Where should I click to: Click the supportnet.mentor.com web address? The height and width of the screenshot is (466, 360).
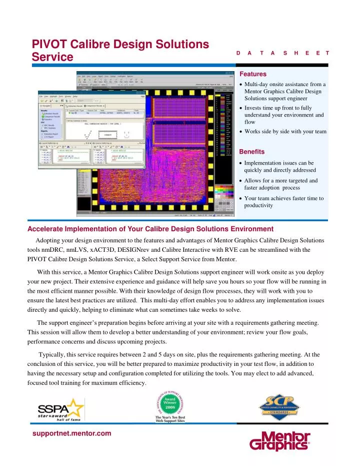71,433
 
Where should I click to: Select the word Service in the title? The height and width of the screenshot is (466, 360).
52,58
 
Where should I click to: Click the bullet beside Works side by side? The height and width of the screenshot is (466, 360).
242,132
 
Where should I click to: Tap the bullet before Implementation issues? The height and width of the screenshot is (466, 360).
242,163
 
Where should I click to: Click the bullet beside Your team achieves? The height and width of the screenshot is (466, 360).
242,199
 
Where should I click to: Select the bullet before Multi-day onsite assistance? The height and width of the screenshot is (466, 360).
242,85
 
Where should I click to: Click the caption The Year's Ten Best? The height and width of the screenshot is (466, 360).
170,417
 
